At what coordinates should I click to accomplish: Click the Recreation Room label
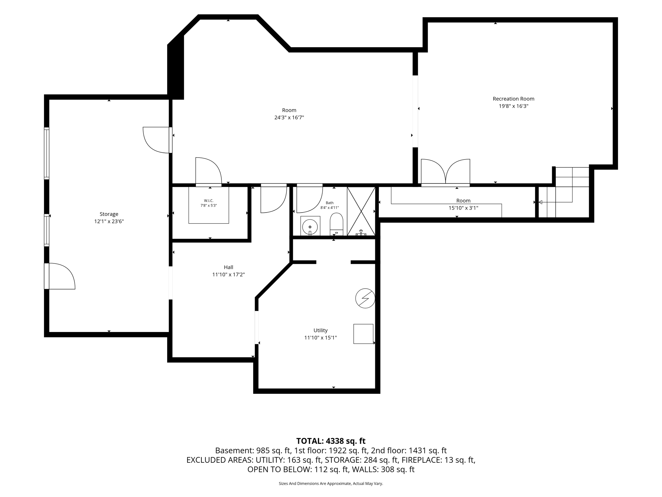513,99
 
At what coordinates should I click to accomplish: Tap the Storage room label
109,214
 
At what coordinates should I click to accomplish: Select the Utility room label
321,330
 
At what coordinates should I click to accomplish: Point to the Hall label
229,267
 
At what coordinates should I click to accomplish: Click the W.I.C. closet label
209,201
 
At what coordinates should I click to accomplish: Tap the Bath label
330,203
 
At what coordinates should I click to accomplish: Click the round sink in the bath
310,226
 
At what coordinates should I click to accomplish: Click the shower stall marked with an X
361,211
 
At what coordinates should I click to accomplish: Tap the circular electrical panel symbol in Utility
365,298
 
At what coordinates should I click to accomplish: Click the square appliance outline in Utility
363,334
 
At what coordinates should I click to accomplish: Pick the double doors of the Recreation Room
445,172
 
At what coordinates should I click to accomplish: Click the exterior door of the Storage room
60,276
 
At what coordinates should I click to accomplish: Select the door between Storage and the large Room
157,140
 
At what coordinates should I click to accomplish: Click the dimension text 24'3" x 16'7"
289,117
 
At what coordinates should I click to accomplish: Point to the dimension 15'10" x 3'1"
463,208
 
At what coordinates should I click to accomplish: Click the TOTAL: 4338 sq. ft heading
331,441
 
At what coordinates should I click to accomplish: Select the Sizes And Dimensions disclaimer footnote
331,483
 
